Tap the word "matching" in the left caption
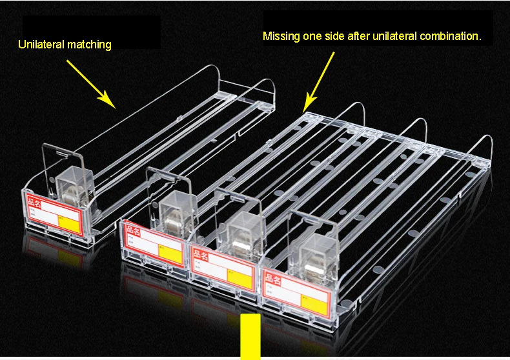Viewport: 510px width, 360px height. click(x=89, y=45)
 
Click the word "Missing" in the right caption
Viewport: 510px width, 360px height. click(x=281, y=36)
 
